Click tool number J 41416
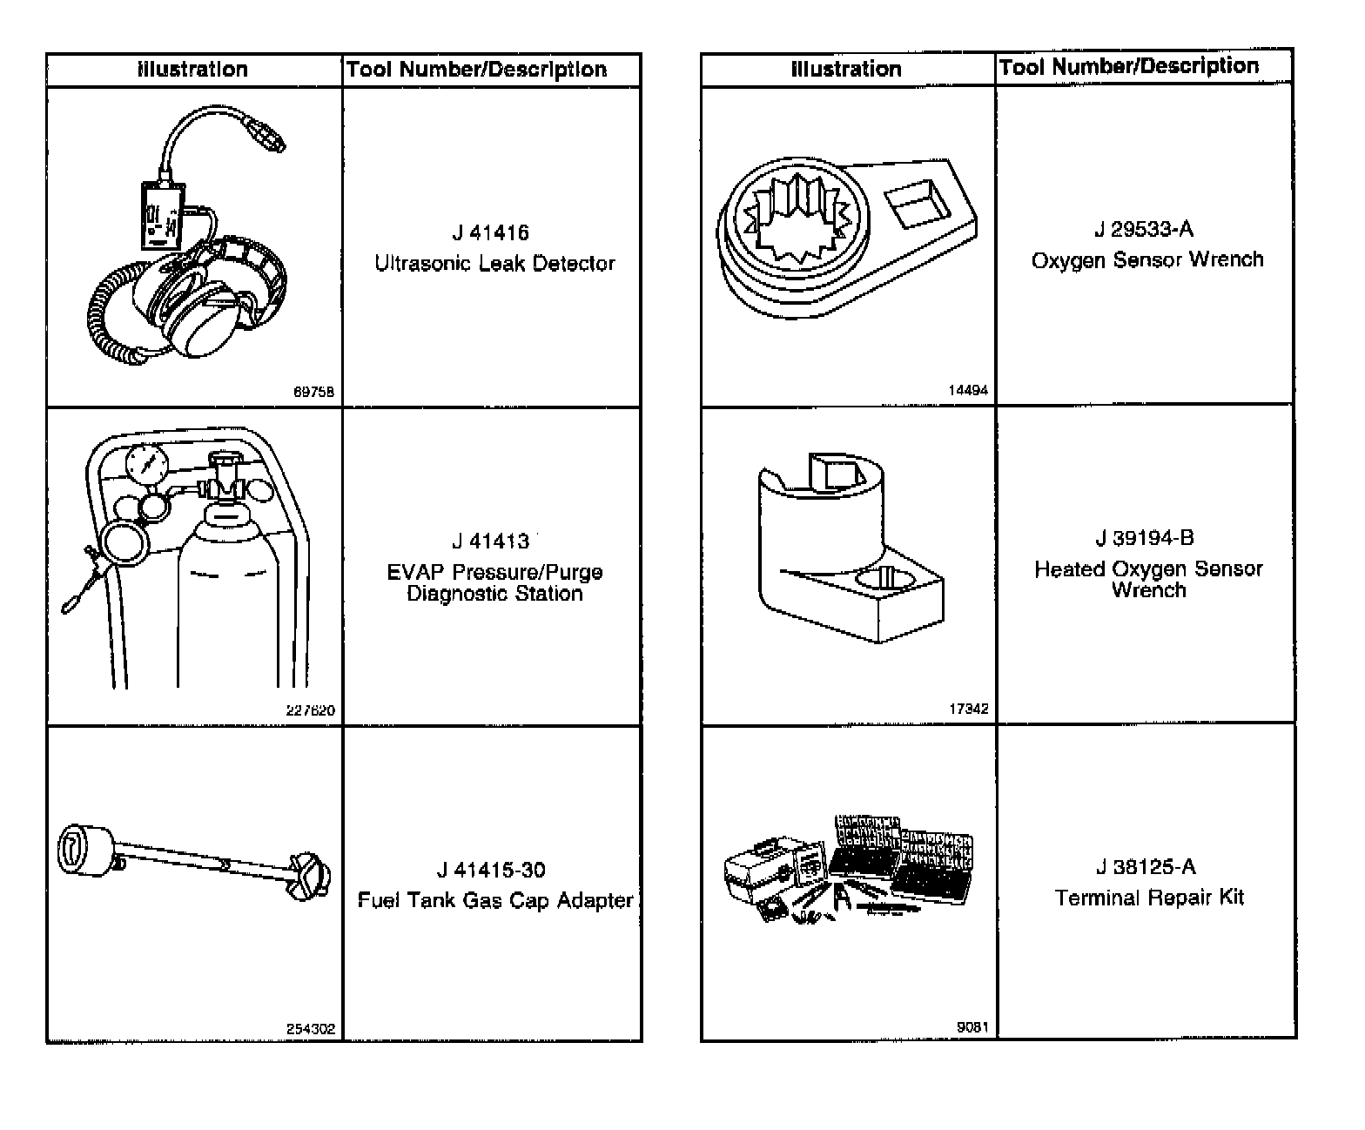click(x=490, y=233)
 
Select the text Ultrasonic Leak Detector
click(x=494, y=263)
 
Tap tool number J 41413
click(x=490, y=541)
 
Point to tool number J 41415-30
click(x=491, y=870)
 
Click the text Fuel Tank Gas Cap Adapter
click(x=494, y=900)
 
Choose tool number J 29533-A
click(x=1144, y=230)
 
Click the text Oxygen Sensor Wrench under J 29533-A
click(x=1146, y=259)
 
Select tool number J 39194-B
click(x=1145, y=538)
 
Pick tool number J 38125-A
click(x=1146, y=867)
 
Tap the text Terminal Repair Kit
click(x=1149, y=898)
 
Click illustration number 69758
click(x=313, y=392)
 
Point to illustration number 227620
click(x=311, y=710)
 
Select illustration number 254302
click(x=311, y=1029)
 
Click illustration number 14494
click(x=968, y=391)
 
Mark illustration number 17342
click(x=968, y=709)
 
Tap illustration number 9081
click(x=972, y=1027)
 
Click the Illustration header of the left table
click(x=192, y=70)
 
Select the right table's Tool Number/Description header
click(x=1129, y=66)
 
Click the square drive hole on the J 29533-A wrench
click(x=917, y=204)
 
